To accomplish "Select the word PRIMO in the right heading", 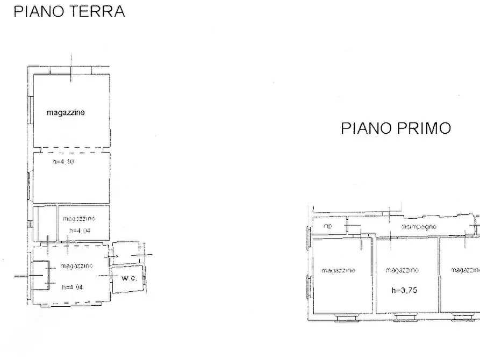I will click(426, 128).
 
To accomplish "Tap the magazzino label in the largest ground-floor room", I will click(66, 113).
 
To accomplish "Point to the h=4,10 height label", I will click(63, 161).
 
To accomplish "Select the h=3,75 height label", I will click(405, 290).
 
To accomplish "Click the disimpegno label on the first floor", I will click(418, 227).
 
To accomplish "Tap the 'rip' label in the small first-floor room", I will click(328, 226).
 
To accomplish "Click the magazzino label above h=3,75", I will click(402, 270).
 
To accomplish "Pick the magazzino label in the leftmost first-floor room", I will click(338, 270).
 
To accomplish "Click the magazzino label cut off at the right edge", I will click(464, 270).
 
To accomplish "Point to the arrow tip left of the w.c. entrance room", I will click(117, 257).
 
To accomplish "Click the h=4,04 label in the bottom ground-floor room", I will click(72, 286).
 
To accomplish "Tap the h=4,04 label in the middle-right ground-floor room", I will click(79, 231).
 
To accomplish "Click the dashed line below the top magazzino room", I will click(71, 149).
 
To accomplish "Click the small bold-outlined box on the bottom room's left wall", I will click(40, 275).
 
